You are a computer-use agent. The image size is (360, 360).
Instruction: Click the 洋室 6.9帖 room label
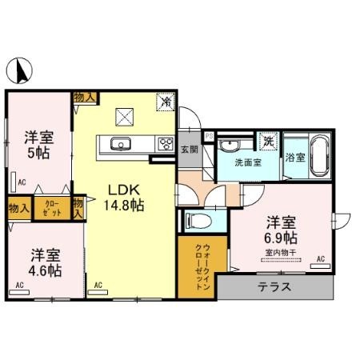[x=282, y=230]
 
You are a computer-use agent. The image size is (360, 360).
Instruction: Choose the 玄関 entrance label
[x=187, y=149]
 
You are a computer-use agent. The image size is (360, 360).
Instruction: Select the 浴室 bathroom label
[x=295, y=157]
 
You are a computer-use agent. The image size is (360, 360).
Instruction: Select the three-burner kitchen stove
[x=166, y=144]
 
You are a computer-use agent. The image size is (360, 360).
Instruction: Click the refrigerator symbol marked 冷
[x=166, y=102]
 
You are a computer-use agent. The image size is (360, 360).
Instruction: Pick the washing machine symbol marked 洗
[x=269, y=142]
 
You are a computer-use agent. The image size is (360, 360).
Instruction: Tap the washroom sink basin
[x=230, y=145]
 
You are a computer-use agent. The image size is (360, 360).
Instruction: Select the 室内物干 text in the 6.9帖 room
[x=280, y=254]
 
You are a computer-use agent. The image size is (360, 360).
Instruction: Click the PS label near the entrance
[x=210, y=137]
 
